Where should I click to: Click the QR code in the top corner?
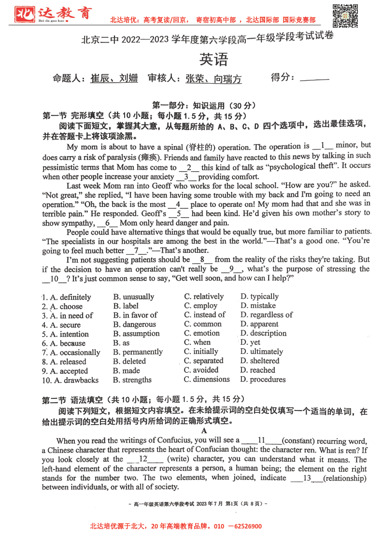coord(345,15)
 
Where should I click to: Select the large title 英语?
coord(213,59)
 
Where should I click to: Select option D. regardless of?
coord(266,315)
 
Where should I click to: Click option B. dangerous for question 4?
coord(134,324)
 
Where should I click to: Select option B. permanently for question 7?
coord(138,352)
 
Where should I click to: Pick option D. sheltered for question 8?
coord(259,361)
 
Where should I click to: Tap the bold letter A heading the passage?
coord(204,430)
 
